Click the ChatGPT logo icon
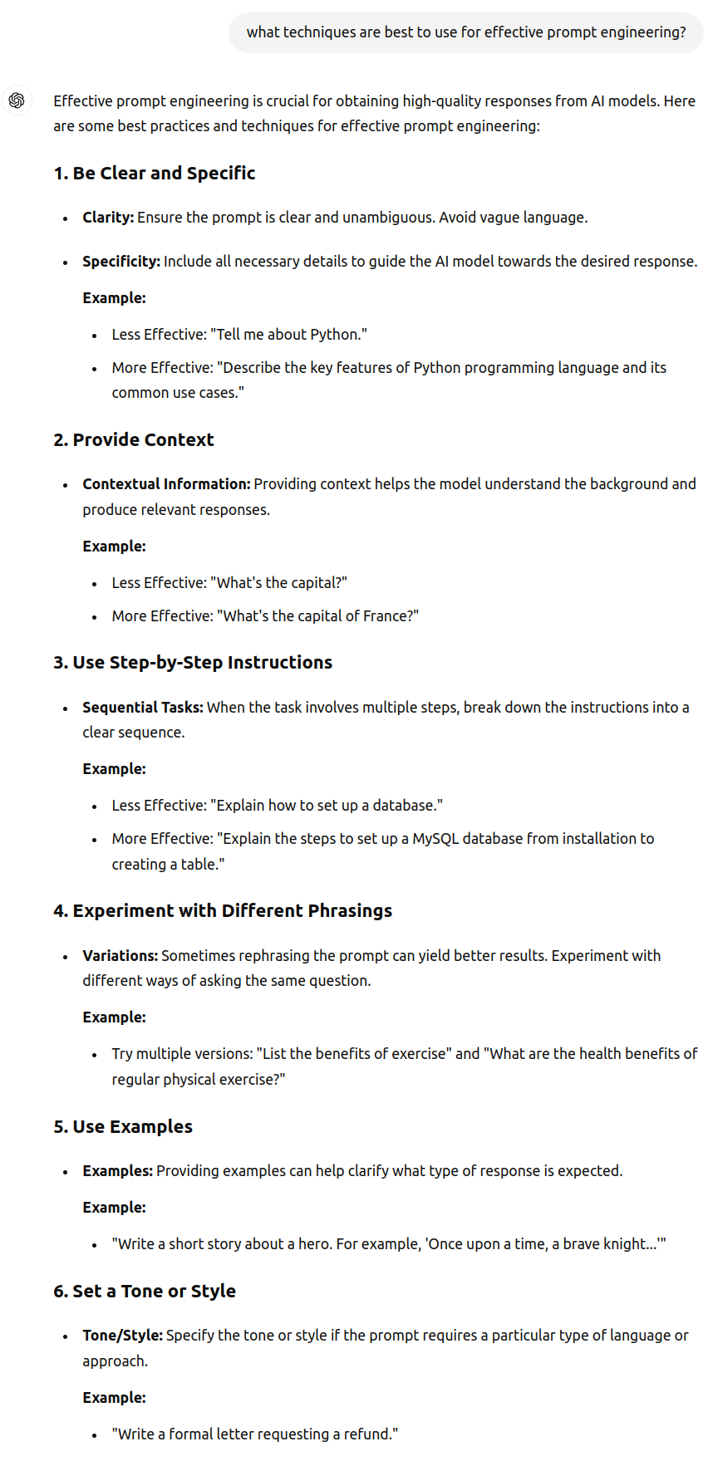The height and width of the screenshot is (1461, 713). tap(17, 101)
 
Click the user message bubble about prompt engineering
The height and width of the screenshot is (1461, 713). tap(465, 32)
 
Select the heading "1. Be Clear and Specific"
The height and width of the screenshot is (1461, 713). tap(154, 173)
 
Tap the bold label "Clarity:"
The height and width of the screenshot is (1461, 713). tap(108, 218)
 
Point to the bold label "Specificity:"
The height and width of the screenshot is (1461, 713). tap(121, 262)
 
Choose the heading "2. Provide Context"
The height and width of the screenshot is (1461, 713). tap(133, 440)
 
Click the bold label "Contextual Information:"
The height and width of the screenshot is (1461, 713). tap(166, 484)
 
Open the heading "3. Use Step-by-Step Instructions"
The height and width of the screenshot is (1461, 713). tap(193, 663)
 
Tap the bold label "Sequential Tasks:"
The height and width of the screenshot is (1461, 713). tap(143, 708)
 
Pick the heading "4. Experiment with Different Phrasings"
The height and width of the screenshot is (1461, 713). tap(223, 911)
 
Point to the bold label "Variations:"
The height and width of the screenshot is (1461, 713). tap(120, 956)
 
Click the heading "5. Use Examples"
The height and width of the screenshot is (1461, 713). tap(123, 1127)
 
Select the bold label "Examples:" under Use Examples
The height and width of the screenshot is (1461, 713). tap(117, 1171)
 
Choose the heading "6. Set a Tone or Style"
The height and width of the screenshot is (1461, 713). tap(145, 1292)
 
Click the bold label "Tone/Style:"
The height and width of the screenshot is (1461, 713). tap(123, 1336)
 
